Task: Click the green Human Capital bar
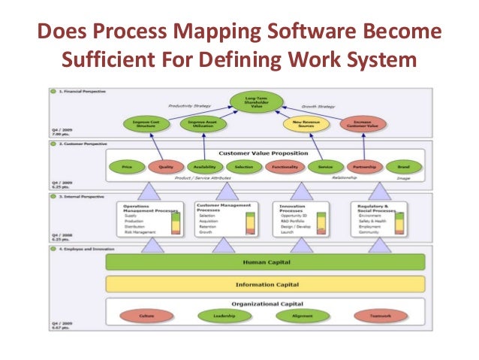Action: pyautogui.click(x=264, y=262)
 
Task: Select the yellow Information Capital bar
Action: pyautogui.click(x=264, y=284)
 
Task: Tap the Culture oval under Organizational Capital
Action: pyautogui.click(x=147, y=316)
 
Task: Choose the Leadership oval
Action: pyautogui.click(x=224, y=316)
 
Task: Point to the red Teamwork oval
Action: pyautogui.click(x=380, y=316)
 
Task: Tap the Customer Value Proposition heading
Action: pyautogui.click(x=264, y=153)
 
